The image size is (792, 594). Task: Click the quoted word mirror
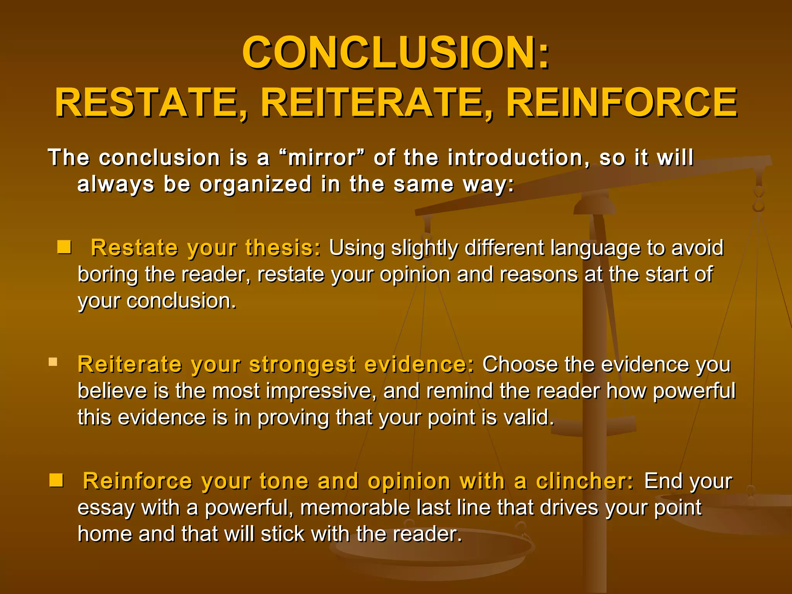tap(322, 158)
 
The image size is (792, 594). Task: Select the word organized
tap(256, 184)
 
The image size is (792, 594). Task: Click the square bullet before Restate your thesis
tap(64, 247)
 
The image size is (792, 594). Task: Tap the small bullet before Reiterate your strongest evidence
tap(53, 362)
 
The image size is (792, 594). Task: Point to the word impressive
tap(321, 391)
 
